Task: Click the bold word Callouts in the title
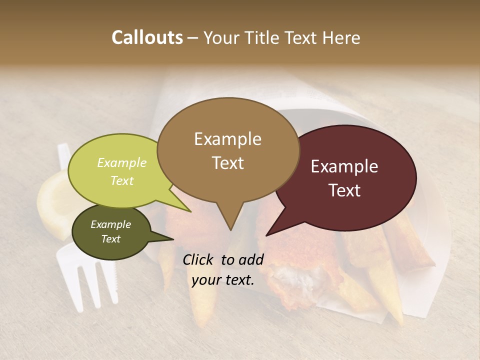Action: (147, 37)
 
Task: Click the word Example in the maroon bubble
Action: (344, 166)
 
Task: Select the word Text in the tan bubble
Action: (227, 163)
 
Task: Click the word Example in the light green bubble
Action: (122, 162)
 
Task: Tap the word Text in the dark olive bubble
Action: (111, 239)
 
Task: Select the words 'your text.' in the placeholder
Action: (223, 280)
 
